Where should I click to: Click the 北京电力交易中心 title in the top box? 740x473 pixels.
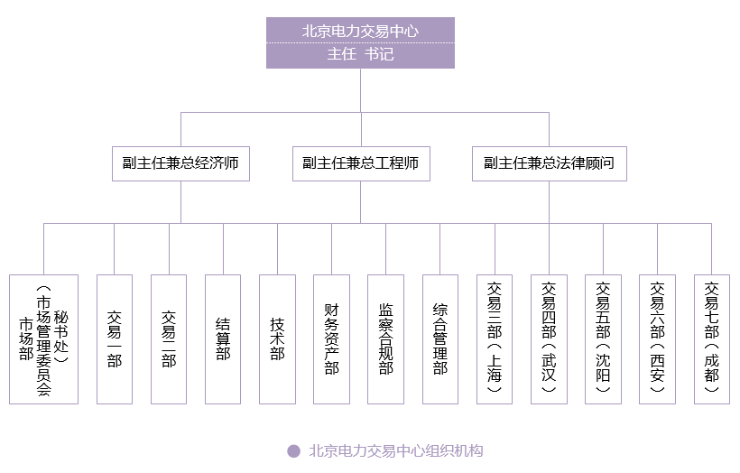360,31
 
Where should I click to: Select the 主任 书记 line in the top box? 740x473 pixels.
360,54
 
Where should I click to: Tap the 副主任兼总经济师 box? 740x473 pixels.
180,163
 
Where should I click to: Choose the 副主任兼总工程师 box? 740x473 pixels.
360,163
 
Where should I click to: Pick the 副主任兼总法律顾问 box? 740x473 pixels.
549,163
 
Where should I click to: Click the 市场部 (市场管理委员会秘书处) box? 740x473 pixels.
43,339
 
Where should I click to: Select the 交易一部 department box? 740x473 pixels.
115,339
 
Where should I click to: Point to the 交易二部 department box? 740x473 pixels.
169,339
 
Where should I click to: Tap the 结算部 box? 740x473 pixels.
223,339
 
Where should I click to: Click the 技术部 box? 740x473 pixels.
277,339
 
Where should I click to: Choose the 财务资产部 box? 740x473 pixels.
331,339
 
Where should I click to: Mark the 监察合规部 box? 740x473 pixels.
385,339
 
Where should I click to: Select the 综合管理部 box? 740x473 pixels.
440,339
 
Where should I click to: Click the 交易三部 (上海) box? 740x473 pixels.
495,339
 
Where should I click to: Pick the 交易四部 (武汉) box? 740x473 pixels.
549,339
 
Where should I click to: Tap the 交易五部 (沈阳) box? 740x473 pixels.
603,339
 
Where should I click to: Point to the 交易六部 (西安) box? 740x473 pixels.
657,339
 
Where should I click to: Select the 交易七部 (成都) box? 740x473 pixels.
712,339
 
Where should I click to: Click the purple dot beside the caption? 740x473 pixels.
293,451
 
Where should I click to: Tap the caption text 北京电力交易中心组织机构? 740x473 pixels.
396,451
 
